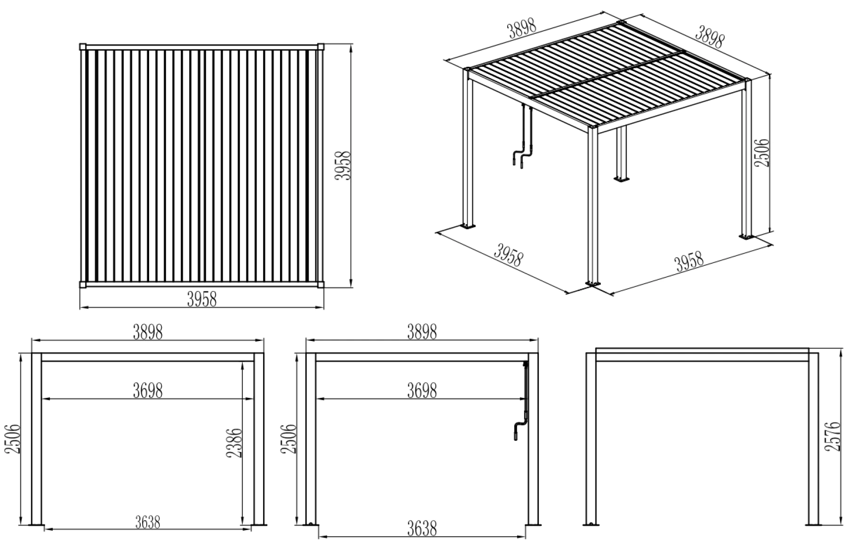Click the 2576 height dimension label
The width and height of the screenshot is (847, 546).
click(x=832, y=436)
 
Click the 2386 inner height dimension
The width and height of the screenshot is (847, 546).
click(x=234, y=443)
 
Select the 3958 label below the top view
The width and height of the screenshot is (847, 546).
click(x=202, y=299)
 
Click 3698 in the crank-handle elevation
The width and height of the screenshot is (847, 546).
click(x=422, y=390)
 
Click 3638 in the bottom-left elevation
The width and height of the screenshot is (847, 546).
click(x=147, y=522)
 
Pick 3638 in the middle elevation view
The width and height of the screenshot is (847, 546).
click(x=422, y=529)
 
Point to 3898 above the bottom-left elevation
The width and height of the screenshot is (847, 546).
click(x=147, y=332)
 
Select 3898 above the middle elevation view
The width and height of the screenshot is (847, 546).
click(x=422, y=332)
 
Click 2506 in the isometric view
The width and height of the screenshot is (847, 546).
click(x=761, y=152)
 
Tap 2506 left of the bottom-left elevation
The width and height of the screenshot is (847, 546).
click(x=13, y=438)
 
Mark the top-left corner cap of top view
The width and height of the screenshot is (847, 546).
click(x=83, y=47)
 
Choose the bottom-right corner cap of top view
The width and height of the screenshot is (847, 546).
click(x=321, y=285)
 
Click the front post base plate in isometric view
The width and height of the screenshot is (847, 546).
click(x=593, y=283)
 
